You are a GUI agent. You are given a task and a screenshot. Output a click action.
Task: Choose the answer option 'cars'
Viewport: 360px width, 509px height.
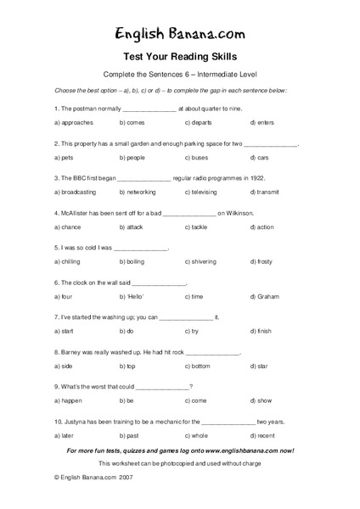(x=262, y=158)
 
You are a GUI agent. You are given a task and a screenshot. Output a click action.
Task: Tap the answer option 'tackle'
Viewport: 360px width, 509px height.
(x=199, y=227)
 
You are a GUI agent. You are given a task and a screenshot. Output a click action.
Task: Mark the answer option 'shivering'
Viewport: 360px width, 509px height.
(x=204, y=262)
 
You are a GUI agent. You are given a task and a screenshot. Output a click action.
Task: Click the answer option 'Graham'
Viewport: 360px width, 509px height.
(x=267, y=297)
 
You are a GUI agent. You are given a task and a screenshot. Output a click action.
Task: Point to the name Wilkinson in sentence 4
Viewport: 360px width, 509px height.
(x=238, y=213)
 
